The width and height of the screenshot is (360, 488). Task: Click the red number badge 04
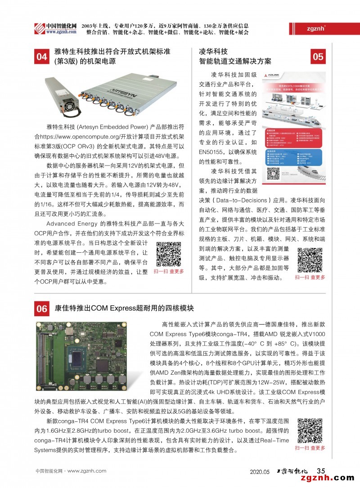(42, 57)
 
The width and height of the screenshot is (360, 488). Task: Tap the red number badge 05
(318, 57)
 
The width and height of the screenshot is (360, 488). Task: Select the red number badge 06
(42, 309)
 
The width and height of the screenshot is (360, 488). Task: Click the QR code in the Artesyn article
(168, 255)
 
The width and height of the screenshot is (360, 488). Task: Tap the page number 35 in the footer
(321, 471)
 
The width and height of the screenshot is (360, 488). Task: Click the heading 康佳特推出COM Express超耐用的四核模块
(124, 309)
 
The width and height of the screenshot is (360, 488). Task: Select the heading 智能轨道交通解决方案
(235, 61)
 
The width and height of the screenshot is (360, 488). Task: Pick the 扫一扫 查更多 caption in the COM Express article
(310, 448)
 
